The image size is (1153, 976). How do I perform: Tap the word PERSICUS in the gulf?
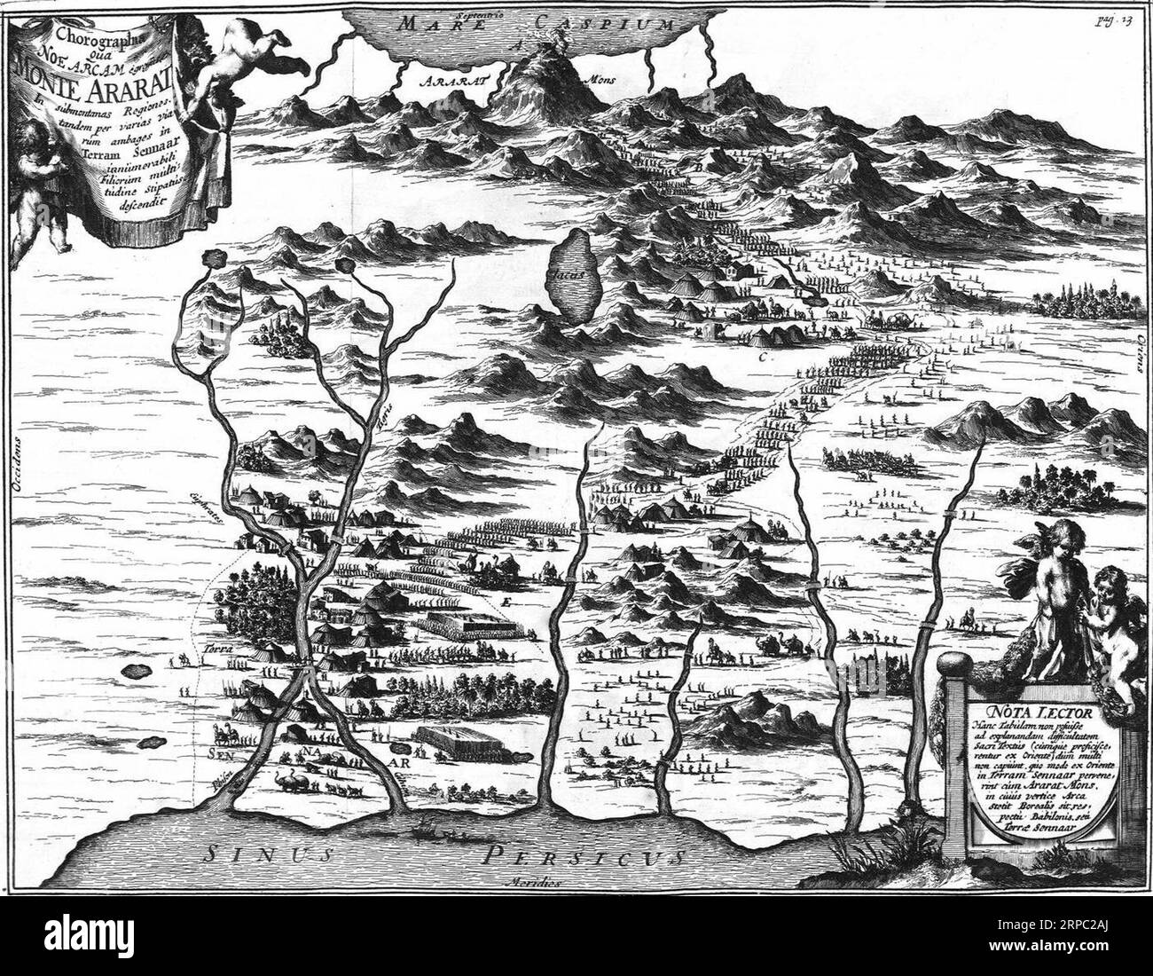tap(585, 856)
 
